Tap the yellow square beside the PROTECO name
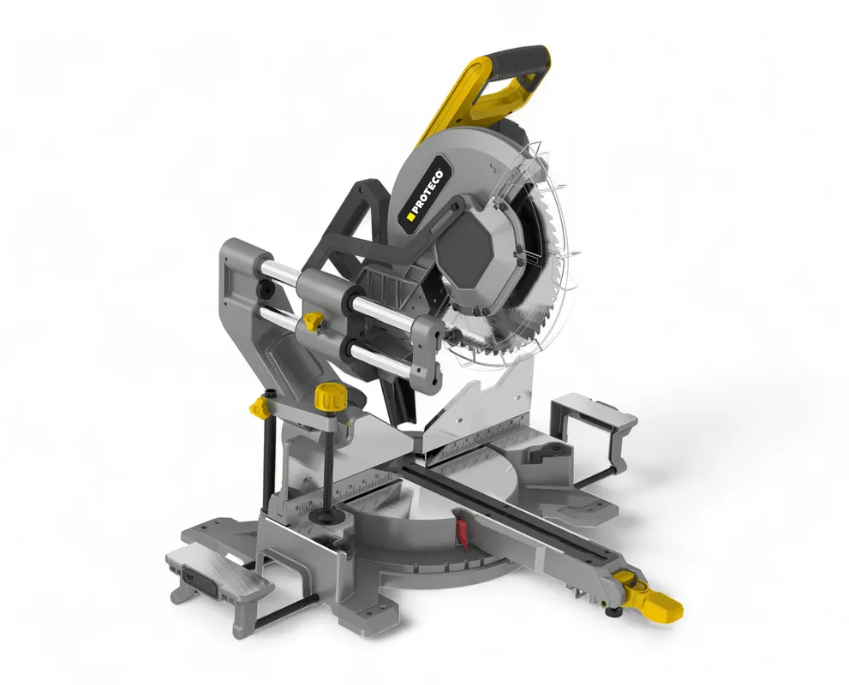[x=410, y=217]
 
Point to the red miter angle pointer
[x=461, y=529]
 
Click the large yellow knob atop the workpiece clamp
[x=327, y=396]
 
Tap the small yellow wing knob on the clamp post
[x=260, y=407]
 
